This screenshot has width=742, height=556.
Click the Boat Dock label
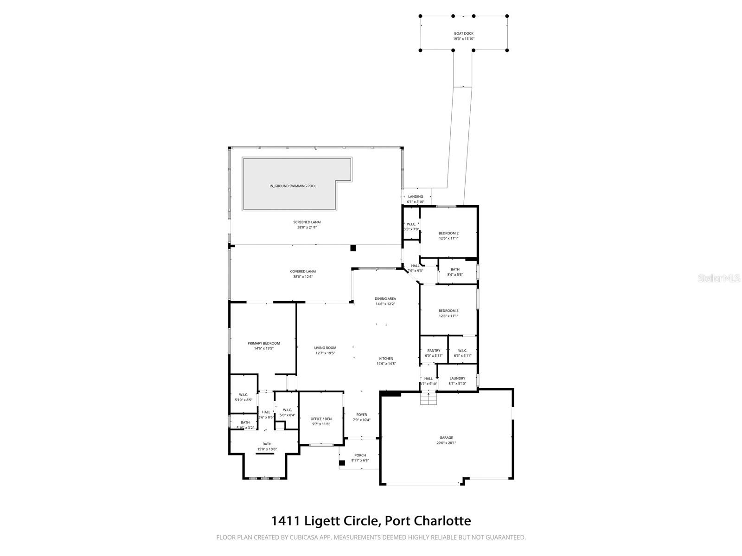(x=463, y=33)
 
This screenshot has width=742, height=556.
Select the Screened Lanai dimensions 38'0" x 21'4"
(x=309, y=227)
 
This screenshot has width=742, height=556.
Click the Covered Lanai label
(x=303, y=272)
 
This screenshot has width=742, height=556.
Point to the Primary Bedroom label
(x=263, y=343)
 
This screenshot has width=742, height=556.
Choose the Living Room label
(x=325, y=347)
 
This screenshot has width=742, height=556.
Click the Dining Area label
(x=385, y=299)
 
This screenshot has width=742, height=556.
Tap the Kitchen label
(x=386, y=359)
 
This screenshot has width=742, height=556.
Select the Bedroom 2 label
(x=448, y=233)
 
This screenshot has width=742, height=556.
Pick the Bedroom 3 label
(x=448, y=311)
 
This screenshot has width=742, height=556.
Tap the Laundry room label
(x=457, y=379)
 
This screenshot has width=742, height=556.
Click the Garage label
(x=446, y=437)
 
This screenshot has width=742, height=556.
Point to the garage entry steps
(x=429, y=399)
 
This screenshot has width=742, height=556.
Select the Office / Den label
(x=321, y=419)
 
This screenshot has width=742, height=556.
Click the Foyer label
(x=361, y=415)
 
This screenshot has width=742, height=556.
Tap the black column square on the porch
(x=342, y=462)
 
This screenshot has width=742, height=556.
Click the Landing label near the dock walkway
(x=416, y=196)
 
